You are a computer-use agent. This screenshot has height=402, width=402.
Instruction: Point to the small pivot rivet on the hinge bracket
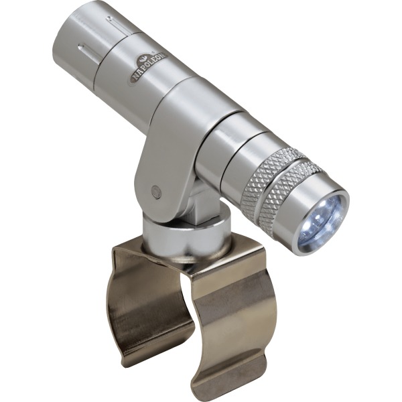(155, 191)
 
